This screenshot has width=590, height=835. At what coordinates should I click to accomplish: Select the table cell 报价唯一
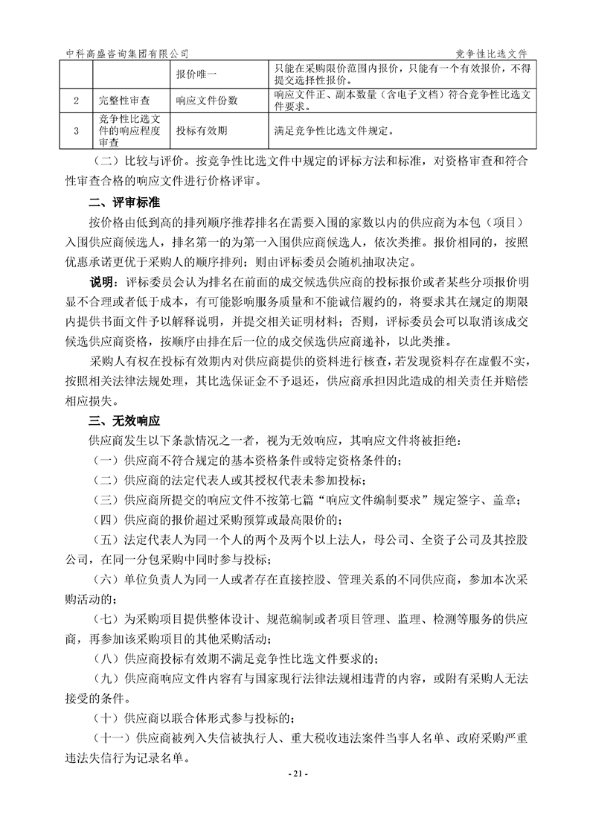coord(197,75)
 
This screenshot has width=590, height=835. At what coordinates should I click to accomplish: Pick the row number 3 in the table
coord(76,131)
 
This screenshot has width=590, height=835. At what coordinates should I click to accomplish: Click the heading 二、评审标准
coord(123,202)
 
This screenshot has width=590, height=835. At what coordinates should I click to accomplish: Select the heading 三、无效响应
coord(123,420)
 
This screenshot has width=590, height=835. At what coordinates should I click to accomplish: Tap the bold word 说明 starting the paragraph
coord(100,284)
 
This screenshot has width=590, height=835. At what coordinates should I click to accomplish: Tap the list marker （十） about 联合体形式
coord(106,718)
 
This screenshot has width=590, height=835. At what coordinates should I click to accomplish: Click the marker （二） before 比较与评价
coord(106,161)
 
